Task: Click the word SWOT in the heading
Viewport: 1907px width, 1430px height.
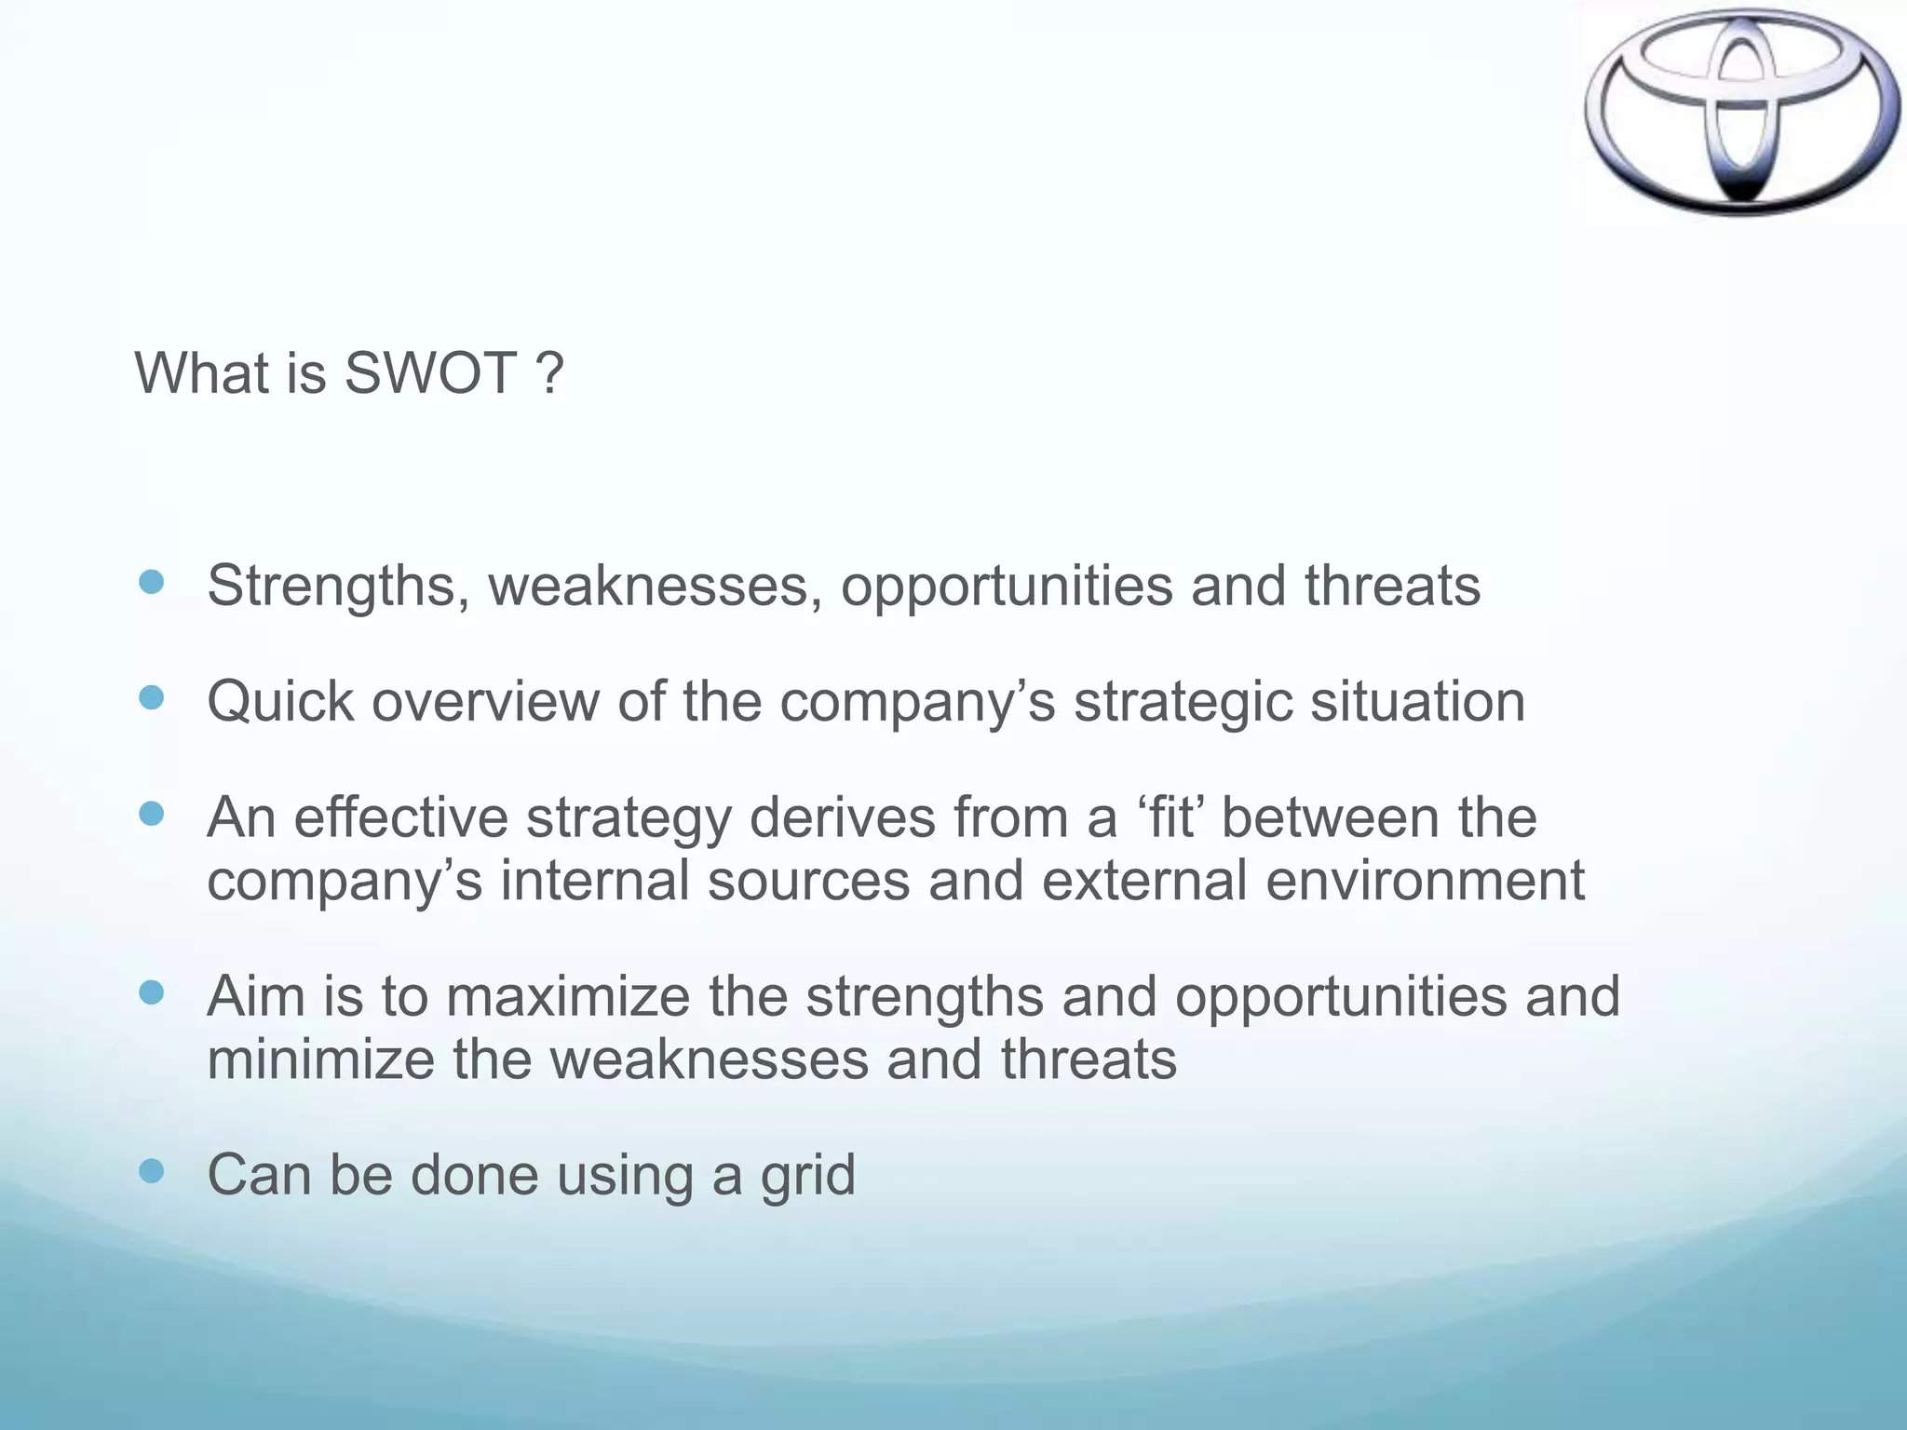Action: pos(430,373)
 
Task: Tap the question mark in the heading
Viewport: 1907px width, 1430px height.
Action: pos(550,373)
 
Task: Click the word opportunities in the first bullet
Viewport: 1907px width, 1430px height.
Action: pos(1007,587)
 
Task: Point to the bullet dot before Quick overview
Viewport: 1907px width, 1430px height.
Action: pos(151,698)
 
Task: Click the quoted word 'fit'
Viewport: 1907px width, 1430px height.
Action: pos(1170,817)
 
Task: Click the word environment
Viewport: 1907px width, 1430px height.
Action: pos(1425,880)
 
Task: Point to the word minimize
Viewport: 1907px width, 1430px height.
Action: pos(320,1059)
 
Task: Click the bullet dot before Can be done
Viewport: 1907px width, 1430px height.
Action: pos(151,1171)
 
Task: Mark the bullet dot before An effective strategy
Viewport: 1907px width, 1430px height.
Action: pos(151,815)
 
